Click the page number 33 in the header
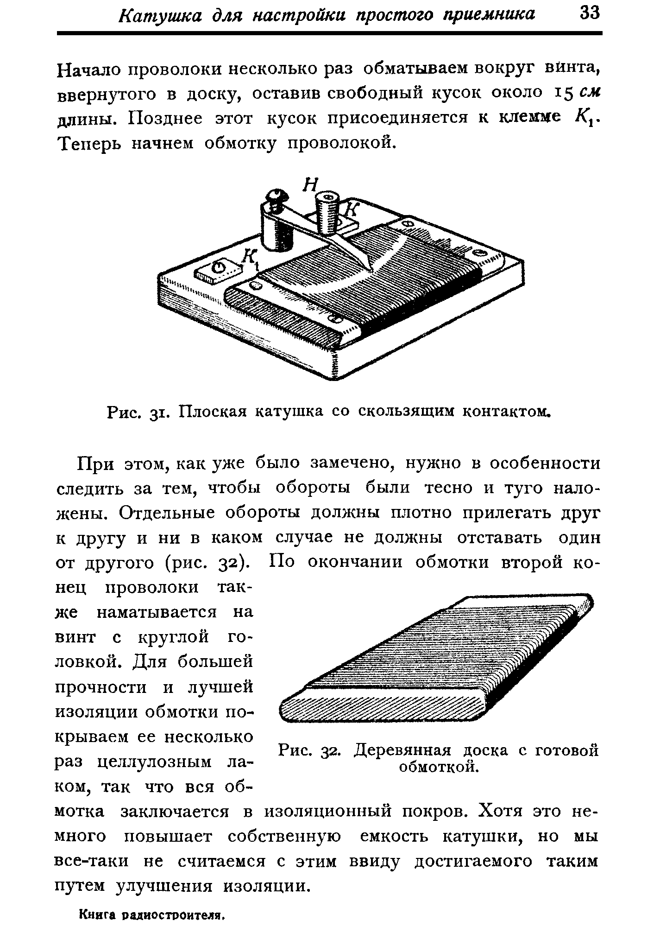[x=589, y=14]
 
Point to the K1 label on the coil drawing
[x=251, y=259]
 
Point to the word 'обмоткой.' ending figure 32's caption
[x=438, y=767]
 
